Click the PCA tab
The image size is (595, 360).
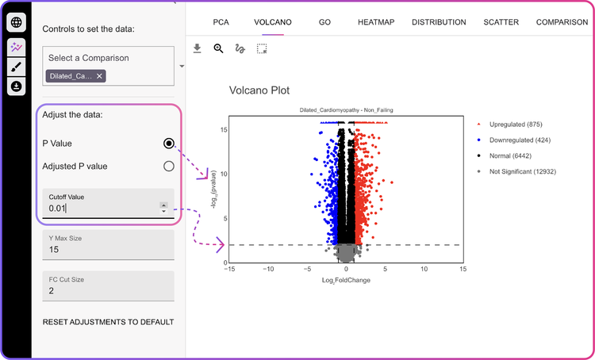[221, 22]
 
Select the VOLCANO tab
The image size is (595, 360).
[272, 22]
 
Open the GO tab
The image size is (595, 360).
[324, 22]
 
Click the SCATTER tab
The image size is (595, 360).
[501, 22]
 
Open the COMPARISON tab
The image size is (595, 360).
[562, 22]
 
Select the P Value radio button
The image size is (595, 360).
[168, 144]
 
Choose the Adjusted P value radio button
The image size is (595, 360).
[168, 167]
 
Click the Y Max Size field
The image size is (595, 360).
[108, 250]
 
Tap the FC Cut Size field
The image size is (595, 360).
[108, 290]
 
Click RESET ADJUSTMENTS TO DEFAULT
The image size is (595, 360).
[108, 322]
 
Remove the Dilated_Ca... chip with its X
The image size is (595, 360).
[99, 76]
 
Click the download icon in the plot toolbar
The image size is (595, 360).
[198, 48]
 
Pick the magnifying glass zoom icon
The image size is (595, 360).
[219, 48]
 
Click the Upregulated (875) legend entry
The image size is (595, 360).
[515, 124]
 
